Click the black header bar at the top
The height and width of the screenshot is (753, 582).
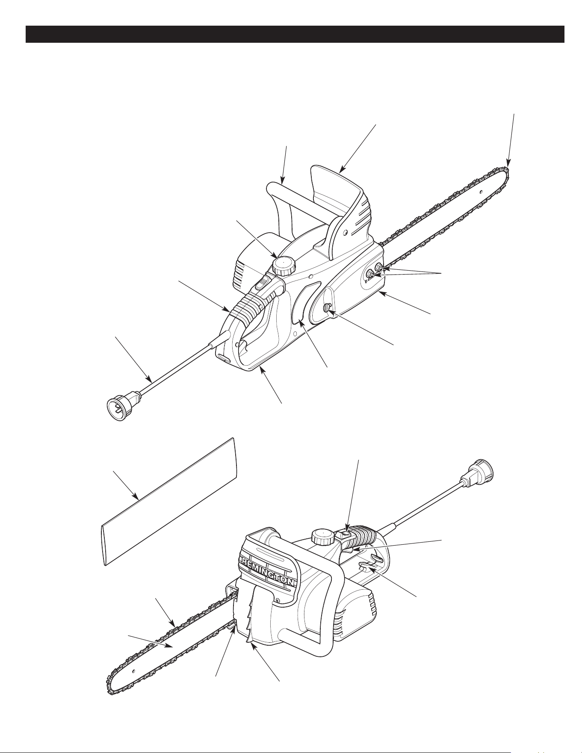(295, 34)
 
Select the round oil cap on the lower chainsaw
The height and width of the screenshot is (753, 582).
(322, 536)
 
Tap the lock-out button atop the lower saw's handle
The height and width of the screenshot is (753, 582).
(347, 534)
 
